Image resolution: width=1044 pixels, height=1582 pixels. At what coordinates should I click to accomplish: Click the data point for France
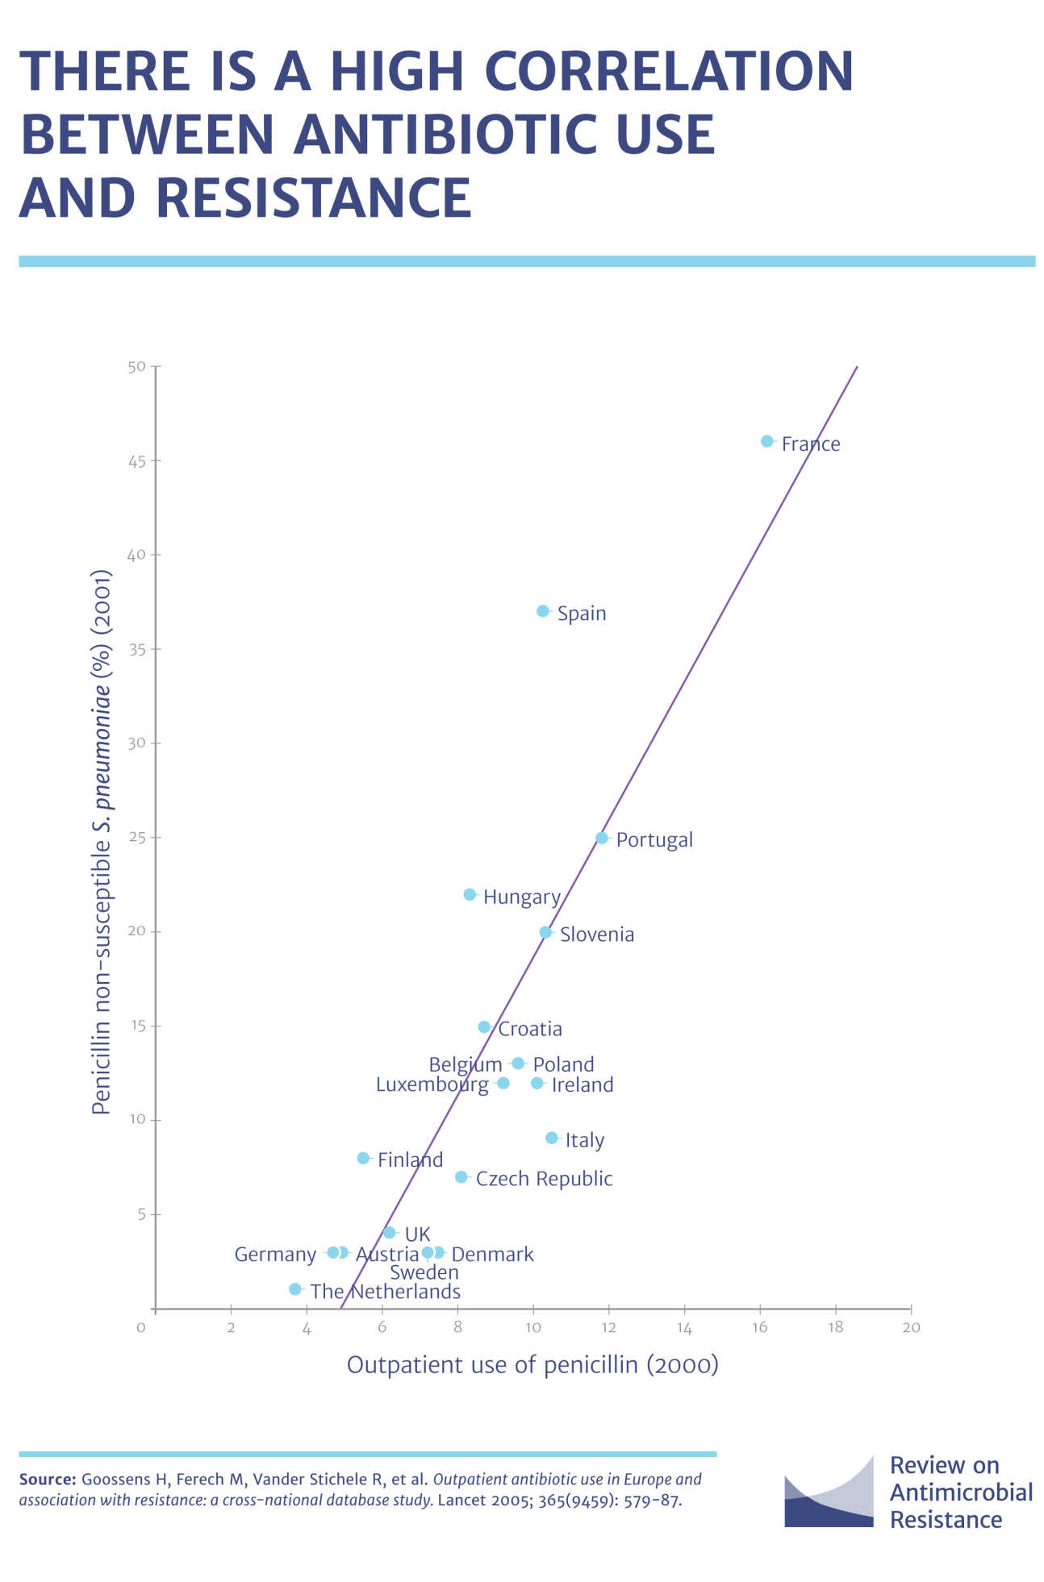766,441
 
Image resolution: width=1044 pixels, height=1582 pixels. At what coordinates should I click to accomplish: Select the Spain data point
542,611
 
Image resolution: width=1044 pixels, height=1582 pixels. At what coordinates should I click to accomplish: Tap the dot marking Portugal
601,838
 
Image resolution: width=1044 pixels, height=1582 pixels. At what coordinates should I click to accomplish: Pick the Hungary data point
470,894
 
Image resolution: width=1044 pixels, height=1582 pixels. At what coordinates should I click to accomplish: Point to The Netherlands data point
295,1288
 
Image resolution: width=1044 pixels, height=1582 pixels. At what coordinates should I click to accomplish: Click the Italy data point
551,1138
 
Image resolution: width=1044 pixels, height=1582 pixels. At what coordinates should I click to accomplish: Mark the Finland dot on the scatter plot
363,1158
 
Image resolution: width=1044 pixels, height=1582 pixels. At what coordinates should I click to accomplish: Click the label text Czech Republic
544,1179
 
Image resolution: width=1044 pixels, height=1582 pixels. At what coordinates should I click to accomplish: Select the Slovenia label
597,935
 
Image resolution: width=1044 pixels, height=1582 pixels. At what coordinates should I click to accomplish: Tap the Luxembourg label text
432,1085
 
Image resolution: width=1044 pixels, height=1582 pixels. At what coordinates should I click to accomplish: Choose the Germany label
275,1255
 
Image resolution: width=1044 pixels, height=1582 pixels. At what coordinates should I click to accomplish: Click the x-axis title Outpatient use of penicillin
532,1364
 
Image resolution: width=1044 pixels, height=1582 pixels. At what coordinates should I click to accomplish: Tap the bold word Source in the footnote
48,1480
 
